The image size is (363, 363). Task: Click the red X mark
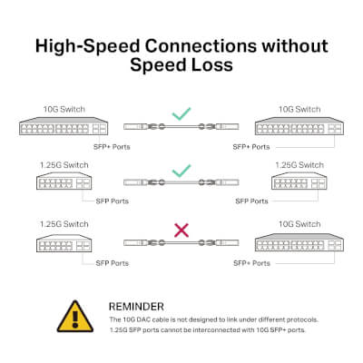(181, 231)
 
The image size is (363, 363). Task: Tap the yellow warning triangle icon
(75, 316)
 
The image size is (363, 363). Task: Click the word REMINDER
(136, 307)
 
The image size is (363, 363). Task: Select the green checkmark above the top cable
(181, 113)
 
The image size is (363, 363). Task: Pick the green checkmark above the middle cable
(181, 171)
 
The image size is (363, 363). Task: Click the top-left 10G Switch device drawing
(64, 126)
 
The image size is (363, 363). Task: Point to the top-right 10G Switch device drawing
(299, 126)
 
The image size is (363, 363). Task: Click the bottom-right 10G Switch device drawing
(299, 242)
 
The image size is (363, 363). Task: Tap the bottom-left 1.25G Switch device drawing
(64, 243)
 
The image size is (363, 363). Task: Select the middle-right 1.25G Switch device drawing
(299, 181)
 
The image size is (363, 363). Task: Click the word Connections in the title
(201, 46)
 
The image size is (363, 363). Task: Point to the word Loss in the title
(212, 64)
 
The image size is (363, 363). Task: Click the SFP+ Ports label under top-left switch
(112, 147)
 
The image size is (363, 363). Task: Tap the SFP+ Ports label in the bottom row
(251, 263)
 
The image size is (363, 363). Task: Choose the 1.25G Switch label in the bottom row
(64, 224)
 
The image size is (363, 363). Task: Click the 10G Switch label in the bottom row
(299, 224)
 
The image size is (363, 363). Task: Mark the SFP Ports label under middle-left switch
(113, 201)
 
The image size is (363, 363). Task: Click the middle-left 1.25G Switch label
(64, 165)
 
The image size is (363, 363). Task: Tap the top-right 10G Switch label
(299, 109)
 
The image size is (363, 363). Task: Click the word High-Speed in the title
(88, 46)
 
